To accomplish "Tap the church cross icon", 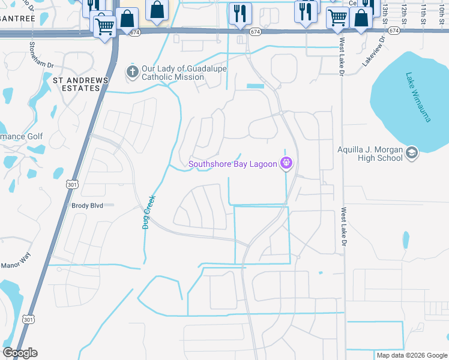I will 132,73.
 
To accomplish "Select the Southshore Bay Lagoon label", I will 232,163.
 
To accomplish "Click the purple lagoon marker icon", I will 286,163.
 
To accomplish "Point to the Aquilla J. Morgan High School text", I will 370,154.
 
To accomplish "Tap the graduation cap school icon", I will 412,153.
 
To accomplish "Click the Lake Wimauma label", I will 418,97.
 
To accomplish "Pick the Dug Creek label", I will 148,211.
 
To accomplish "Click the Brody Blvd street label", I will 88,205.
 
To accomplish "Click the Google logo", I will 20,353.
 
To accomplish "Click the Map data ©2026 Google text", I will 411,355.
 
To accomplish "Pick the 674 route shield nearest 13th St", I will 394,30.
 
